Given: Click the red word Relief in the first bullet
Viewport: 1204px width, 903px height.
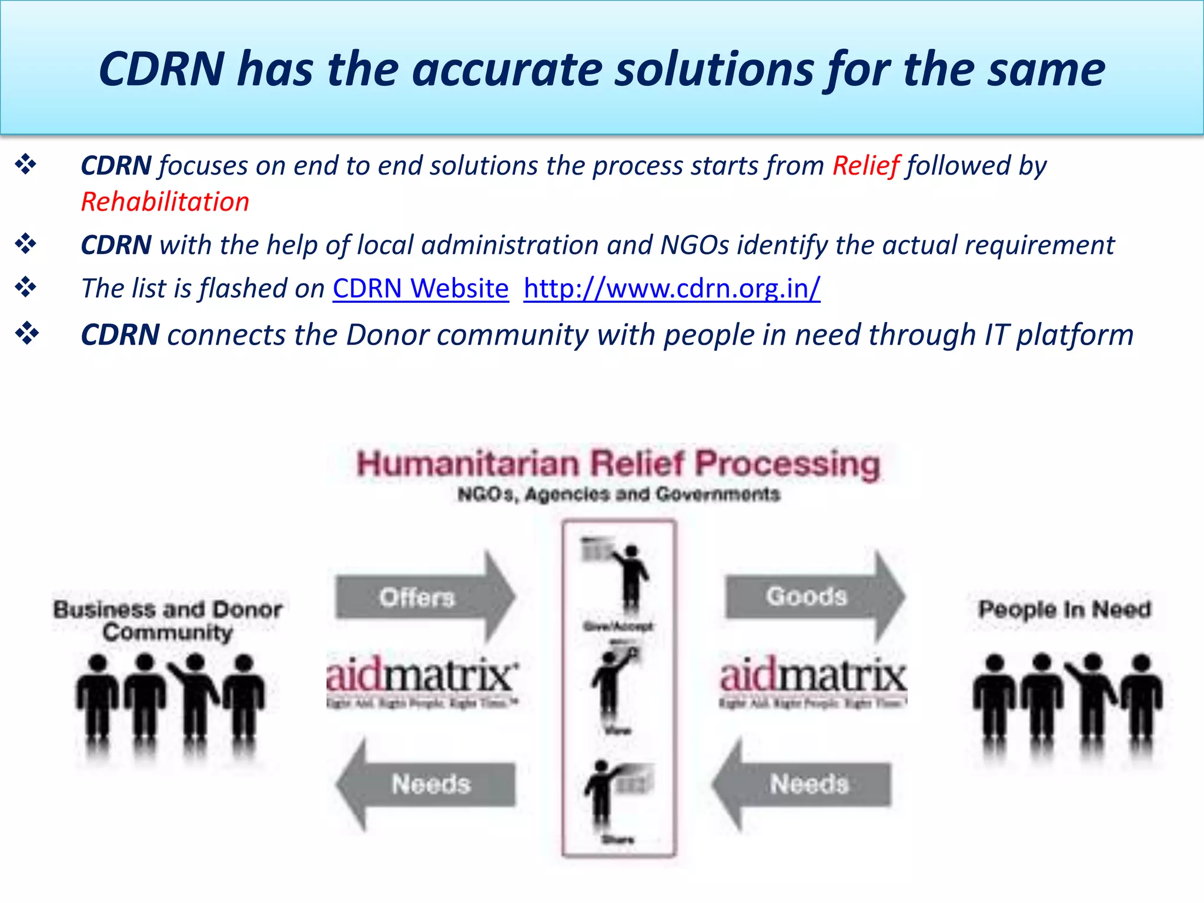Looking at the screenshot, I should click(865, 166).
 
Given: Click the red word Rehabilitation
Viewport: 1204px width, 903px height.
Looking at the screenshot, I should click(165, 202).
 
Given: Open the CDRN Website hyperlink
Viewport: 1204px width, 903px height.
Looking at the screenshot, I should click(420, 289).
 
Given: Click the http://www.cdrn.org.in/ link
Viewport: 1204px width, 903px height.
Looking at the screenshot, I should click(671, 289).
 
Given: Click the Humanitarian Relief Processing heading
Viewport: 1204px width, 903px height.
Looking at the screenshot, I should click(618, 464).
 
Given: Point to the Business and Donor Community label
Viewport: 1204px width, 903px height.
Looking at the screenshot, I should click(168, 620).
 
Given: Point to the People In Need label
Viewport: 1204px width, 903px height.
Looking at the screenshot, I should click(1064, 609).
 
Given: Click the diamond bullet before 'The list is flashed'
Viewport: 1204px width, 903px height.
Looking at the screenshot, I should click(26, 287).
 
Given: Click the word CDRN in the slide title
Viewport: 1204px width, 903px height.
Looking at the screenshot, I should click(162, 69).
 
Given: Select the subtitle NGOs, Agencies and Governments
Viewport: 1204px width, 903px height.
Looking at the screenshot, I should click(618, 494).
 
